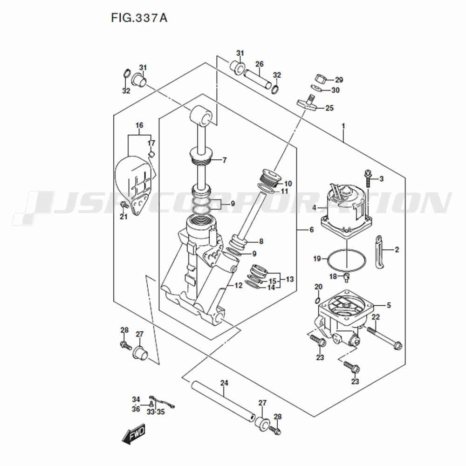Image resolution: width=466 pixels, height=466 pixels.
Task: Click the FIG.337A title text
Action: [x=139, y=18]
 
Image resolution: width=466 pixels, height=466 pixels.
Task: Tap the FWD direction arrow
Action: [x=134, y=434]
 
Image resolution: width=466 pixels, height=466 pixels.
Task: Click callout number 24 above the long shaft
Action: [x=224, y=383]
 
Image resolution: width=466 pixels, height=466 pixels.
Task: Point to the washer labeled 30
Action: [x=316, y=89]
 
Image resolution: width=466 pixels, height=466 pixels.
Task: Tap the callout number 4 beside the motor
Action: [x=315, y=208]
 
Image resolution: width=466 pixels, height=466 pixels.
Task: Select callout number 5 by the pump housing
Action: [x=389, y=305]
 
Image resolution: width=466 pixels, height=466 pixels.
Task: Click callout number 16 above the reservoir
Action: [x=139, y=125]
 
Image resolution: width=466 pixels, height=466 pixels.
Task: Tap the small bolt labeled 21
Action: [x=123, y=204]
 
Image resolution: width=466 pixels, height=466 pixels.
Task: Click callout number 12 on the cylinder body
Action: [x=238, y=285]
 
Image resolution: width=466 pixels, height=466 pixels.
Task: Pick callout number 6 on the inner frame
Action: [x=311, y=229]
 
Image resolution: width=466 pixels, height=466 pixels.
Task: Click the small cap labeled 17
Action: [x=151, y=154]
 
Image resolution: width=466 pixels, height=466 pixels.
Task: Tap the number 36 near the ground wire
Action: [x=136, y=409]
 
